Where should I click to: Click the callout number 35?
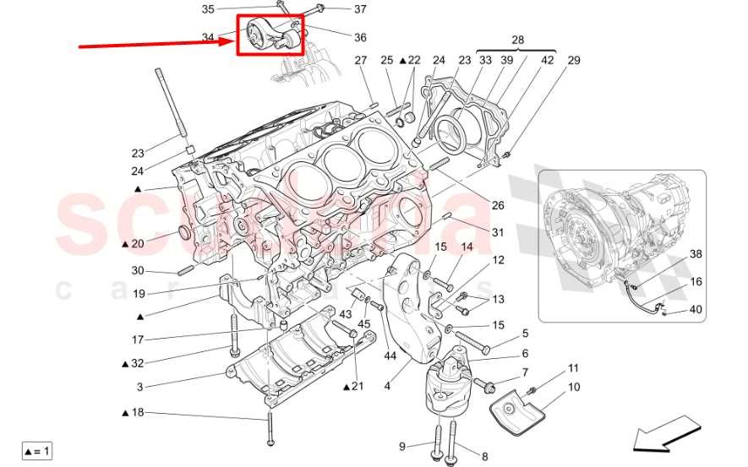(208, 9)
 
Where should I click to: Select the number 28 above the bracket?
(517, 40)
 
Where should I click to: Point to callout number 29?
(574, 61)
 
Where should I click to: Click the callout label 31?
(498, 234)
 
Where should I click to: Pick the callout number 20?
(138, 243)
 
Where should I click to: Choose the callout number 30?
(138, 271)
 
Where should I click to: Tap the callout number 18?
(138, 411)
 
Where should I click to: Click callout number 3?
(140, 388)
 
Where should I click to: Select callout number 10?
(574, 388)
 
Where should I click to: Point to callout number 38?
(696, 253)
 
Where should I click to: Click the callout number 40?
(696, 310)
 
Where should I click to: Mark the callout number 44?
(390, 356)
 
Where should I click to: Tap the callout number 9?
(402, 445)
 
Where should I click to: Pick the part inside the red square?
(270, 35)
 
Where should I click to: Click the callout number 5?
(525, 334)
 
